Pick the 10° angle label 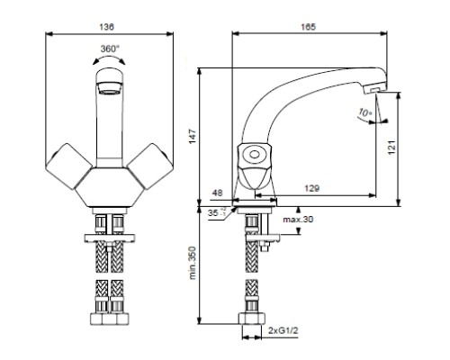click(x=364, y=115)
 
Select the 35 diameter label click(x=212, y=213)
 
